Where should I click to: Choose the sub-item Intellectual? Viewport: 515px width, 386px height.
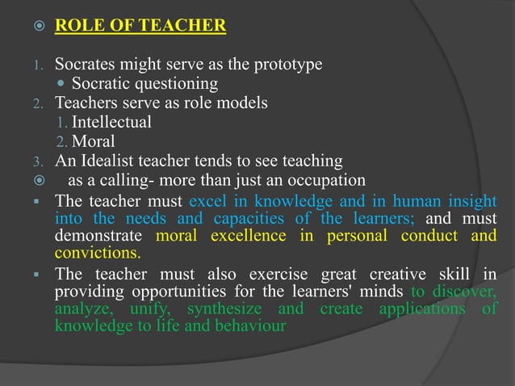pos(111,122)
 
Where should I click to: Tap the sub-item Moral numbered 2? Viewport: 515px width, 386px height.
pos(93,141)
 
